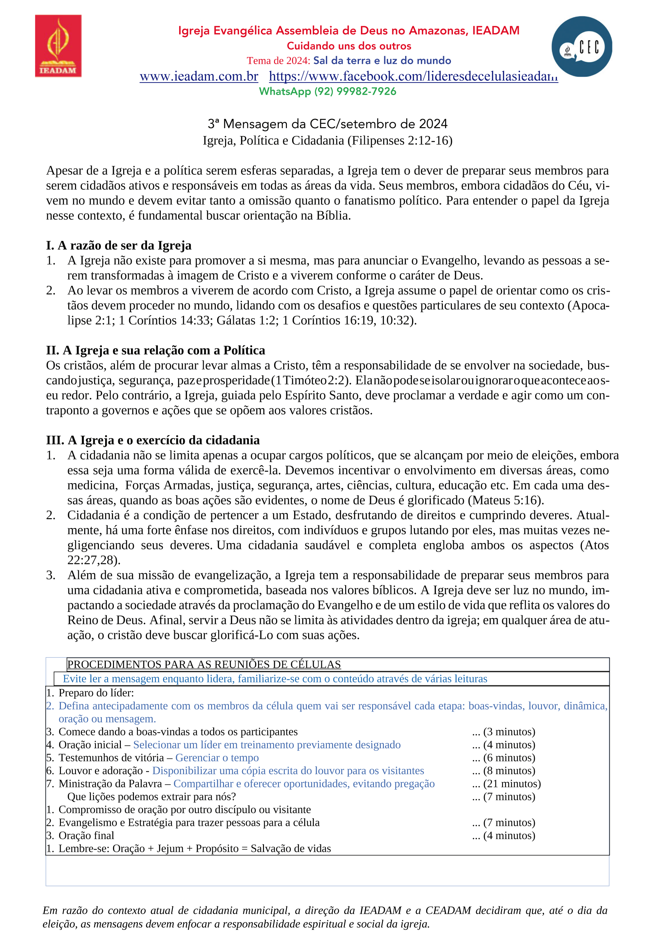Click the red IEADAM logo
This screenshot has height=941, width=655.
[x=58, y=46]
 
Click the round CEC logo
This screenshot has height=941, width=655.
[x=581, y=46]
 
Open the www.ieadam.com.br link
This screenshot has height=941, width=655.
[x=199, y=76]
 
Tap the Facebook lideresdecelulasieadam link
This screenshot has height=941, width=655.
[x=413, y=76]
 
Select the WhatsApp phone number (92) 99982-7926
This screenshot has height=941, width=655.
[x=355, y=91]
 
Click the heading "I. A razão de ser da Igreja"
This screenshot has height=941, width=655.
[x=119, y=245]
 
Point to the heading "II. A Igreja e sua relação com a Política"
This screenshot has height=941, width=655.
[x=156, y=350]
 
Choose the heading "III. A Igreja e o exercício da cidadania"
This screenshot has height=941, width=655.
[x=153, y=440]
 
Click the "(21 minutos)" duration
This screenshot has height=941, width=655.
[x=512, y=784]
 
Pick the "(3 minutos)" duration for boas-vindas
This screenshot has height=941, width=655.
[x=509, y=732]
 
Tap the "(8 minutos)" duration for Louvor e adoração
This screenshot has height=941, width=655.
[x=509, y=771]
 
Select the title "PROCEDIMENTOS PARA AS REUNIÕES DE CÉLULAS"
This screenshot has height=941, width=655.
[x=204, y=664]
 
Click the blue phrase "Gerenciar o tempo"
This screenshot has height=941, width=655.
[x=217, y=758]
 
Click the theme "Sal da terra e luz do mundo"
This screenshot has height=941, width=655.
[x=382, y=61]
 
